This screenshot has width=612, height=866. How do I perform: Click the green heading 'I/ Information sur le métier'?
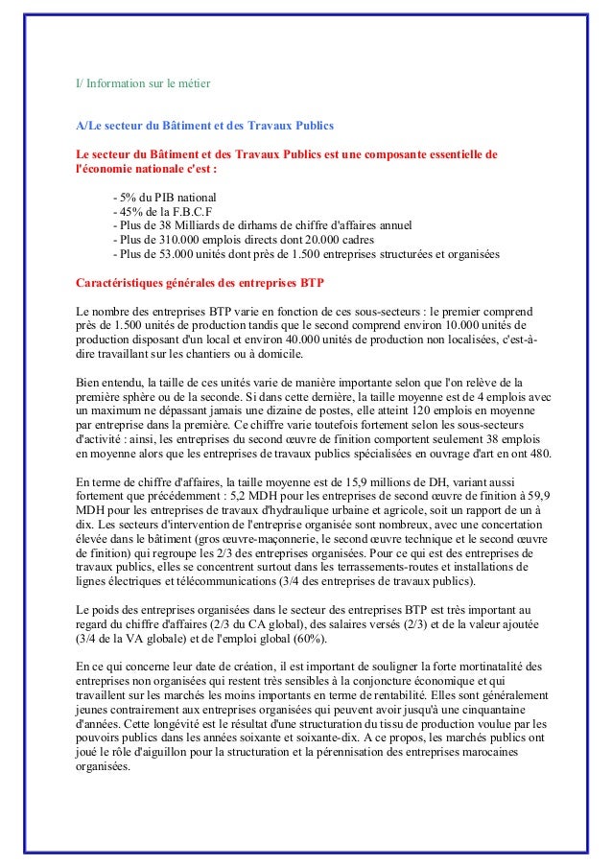coord(143,83)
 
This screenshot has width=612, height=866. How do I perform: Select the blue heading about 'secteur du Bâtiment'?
coord(205,126)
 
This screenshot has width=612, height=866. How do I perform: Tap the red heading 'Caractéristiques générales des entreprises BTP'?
coord(200,285)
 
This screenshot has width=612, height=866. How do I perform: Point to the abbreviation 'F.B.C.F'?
coord(190,211)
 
